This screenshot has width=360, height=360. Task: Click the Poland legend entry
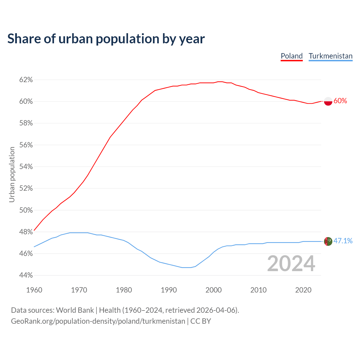(x=292, y=56)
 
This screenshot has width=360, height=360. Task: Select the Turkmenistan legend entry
(x=330, y=56)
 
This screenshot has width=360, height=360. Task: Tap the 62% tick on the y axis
(x=26, y=80)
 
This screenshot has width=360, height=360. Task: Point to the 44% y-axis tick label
(x=26, y=275)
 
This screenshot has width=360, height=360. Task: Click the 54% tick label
(x=26, y=167)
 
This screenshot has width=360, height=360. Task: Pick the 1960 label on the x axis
(x=34, y=290)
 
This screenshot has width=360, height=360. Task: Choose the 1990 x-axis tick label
(x=169, y=290)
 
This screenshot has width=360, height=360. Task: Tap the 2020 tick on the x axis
(x=303, y=290)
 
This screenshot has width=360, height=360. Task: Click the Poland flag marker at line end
(x=328, y=101)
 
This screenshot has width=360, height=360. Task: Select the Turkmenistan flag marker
(x=328, y=241)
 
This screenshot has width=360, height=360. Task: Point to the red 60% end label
(x=340, y=101)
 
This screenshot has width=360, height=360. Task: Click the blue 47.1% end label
(x=343, y=241)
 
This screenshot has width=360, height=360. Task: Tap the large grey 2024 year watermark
(x=291, y=264)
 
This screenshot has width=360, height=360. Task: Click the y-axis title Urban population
(x=12, y=174)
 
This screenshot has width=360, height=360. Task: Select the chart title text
(x=106, y=39)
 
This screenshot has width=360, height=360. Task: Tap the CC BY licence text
(x=201, y=321)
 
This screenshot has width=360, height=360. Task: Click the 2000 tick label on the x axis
(x=214, y=290)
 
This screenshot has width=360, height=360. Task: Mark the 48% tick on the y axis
(x=26, y=232)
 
